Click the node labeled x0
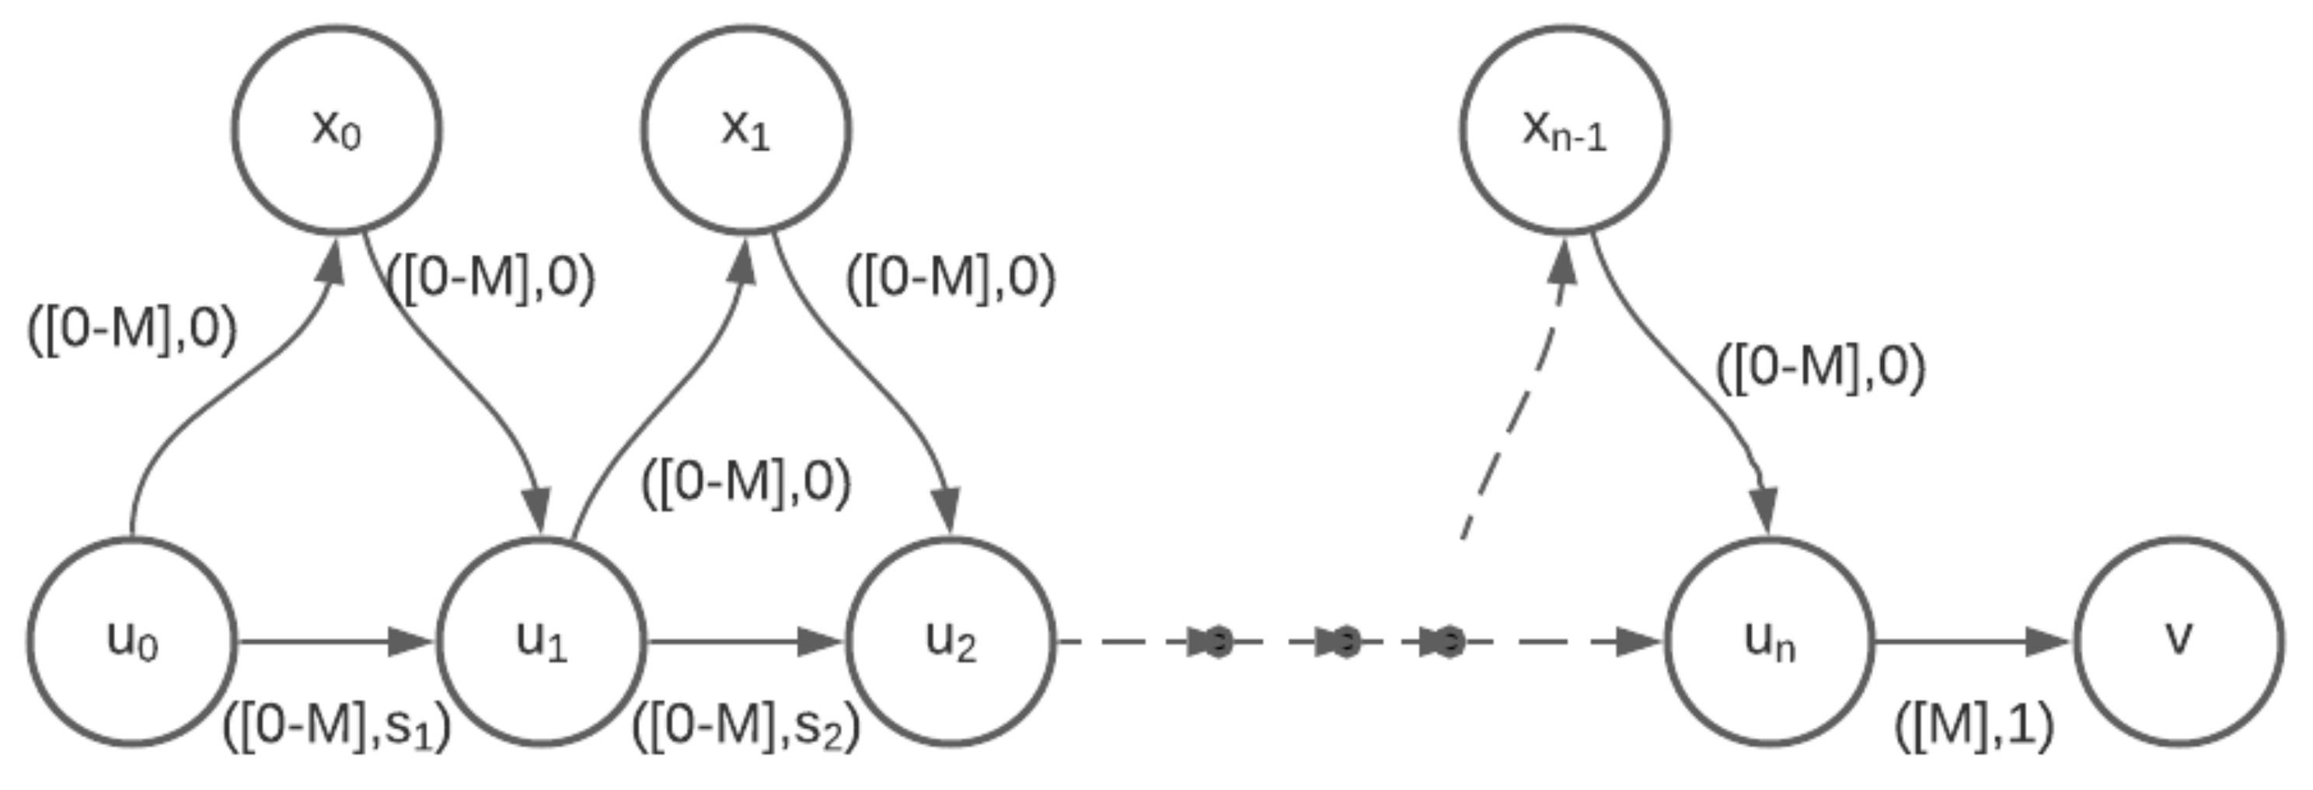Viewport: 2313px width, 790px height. [337, 131]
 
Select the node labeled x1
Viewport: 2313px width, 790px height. [746, 131]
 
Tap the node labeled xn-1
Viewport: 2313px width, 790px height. [1564, 131]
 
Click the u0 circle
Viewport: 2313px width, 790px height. [132, 642]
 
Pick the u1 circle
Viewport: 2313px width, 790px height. [542, 642]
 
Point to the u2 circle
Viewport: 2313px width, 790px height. [951, 642]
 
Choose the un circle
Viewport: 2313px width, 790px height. [1770, 642]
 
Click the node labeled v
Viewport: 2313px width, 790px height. [2179, 642]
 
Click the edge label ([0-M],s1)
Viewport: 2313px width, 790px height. [337, 727]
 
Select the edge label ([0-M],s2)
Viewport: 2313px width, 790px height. [746, 727]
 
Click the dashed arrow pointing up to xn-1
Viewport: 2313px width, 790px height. [1517, 404]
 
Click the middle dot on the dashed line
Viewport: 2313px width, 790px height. [1344, 642]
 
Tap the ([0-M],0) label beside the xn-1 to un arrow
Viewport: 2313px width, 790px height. [1821, 368]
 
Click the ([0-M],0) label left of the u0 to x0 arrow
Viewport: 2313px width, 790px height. [132, 329]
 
